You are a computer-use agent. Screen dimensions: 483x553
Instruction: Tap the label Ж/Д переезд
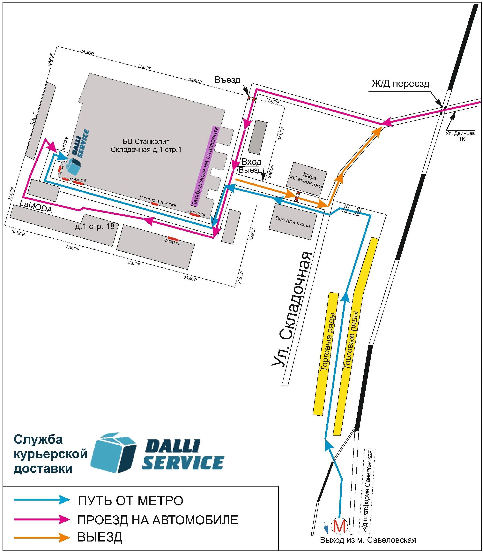[x=400, y=84]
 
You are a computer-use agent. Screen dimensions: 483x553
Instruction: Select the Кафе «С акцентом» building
[x=307, y=179]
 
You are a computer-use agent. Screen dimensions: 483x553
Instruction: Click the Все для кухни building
[x=293, y=221]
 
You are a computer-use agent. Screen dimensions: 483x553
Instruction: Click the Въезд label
[x=227, y=80]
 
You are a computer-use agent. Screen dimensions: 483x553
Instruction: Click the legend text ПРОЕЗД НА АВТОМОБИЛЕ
[x=158, y=520]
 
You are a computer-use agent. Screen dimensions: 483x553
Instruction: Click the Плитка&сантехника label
[x=158, y=201]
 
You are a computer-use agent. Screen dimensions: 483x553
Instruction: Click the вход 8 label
[x=80, y=180]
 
